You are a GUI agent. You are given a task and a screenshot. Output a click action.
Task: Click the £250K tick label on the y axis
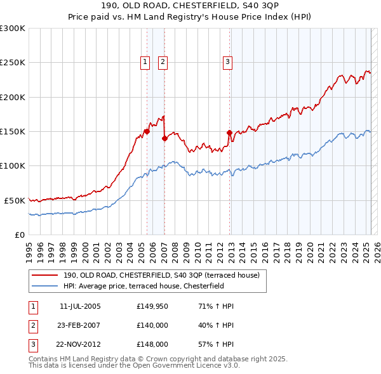point(13,63)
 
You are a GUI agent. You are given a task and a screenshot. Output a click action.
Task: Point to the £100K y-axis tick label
point(13,165)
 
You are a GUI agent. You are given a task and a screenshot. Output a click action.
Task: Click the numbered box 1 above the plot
point(145,62)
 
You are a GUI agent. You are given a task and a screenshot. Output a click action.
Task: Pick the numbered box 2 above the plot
point(163,62)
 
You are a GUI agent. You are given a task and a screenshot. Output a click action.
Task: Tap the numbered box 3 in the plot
point(227,62)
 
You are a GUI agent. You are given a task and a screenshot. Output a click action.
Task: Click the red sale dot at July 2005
point(147,132)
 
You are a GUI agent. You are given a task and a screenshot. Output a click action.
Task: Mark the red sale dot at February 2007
point(164,138)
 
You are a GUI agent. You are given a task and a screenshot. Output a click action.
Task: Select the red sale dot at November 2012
point(230,133)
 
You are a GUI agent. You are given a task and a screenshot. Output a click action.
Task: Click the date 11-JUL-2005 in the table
point(80,307)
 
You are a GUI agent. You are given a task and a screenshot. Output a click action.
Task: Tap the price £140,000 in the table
point(152,326)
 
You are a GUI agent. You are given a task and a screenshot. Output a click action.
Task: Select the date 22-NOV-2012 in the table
point(80,345)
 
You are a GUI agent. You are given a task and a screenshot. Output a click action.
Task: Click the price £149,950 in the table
point(152,307)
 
